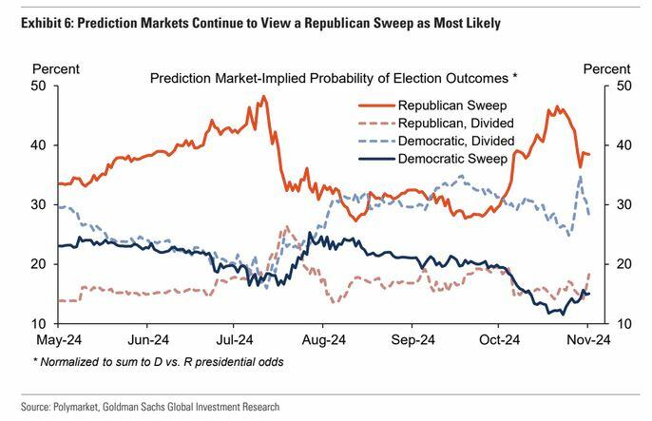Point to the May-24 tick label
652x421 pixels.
point(57,337)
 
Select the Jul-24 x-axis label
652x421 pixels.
point(233,337)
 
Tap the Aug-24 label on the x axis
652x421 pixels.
point(321,337)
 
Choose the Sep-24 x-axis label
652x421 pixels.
point(411,337)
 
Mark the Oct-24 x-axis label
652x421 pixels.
point(498,337)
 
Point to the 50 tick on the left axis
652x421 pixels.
point(40,86)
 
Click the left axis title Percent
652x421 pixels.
point(55,69)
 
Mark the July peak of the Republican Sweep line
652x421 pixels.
point(261,96)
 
